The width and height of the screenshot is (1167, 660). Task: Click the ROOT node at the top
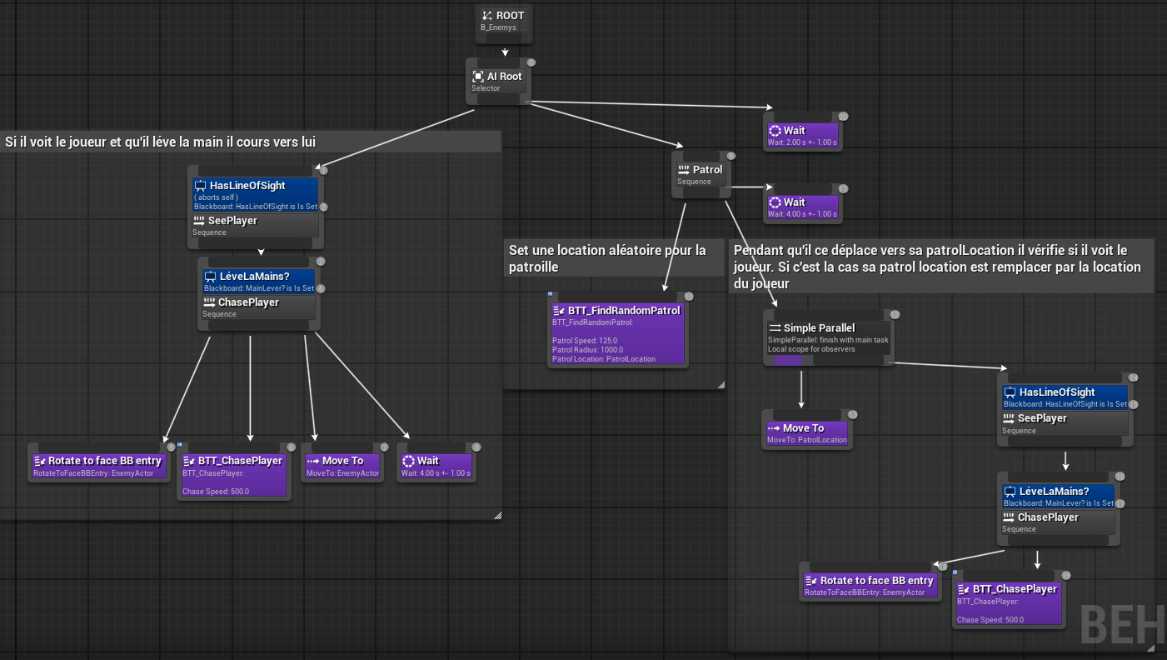[503, 21]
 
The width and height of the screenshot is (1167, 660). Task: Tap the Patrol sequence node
[701, 174]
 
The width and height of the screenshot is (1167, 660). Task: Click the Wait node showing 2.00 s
[801, 135]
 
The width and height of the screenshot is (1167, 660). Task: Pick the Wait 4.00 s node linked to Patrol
[801, 207]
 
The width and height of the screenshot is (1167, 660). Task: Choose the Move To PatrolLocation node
[806, 432]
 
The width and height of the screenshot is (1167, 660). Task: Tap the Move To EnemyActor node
[342, 466]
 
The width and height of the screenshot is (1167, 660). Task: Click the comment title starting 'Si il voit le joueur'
[161, 142]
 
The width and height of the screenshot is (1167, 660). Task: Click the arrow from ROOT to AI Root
[505, 52]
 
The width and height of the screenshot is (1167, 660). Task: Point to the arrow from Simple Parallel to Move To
[801, 388]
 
